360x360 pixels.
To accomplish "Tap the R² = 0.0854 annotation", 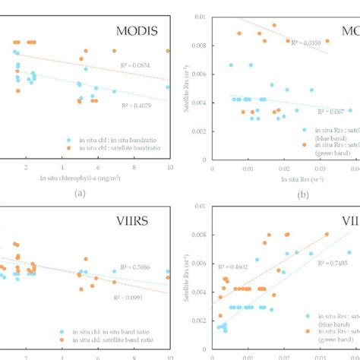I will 141,66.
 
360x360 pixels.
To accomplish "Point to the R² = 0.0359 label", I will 302,43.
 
